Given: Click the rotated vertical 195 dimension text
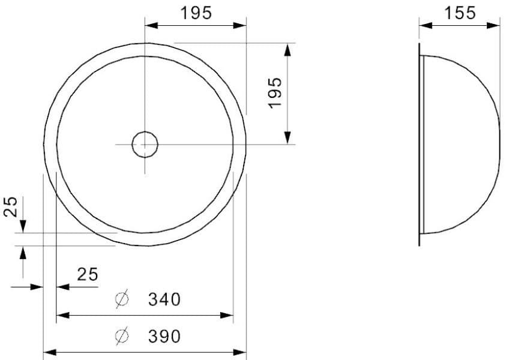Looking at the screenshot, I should tap(276, 92).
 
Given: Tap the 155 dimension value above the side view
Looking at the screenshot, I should tap(460, 13).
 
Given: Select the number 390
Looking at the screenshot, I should tap(164, 337).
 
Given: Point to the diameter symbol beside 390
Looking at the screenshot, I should tap(122, 337).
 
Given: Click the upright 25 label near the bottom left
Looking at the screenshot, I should tap(88, 274).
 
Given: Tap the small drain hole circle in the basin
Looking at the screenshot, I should tap(145, 144).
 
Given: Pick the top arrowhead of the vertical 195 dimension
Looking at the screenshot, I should tap(288, 50).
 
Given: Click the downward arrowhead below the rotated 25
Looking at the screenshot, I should tap(23, 226).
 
